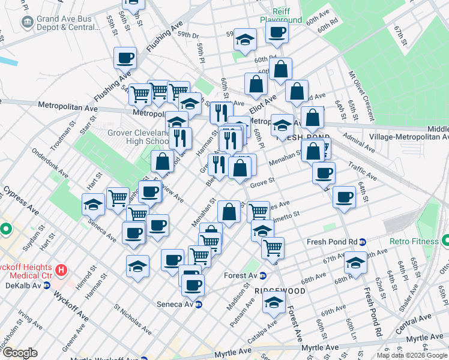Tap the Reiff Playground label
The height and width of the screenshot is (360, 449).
click(x=280, y=16)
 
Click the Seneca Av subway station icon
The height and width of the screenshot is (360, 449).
click(x=199, y=304)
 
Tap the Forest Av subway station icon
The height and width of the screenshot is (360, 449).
click(x=262, y=275)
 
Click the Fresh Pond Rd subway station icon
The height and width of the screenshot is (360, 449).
click(x=363, y=242)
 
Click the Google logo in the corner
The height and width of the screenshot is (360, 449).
click(x=20, y=353)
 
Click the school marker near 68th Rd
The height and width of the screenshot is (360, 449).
click(x=355, y=263)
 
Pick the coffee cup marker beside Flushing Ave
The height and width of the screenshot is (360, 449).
click(x=125, y=58)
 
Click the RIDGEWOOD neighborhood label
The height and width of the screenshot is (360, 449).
click(x=280, y=290)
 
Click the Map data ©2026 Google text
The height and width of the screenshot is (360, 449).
click(x=411, y=355)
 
